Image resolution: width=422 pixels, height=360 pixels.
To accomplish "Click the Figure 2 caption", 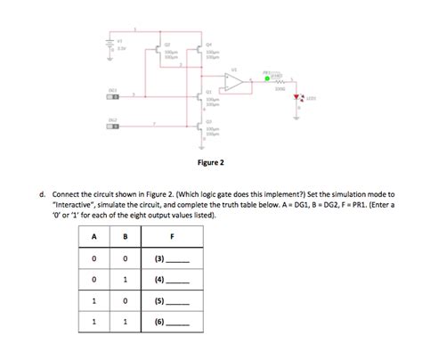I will tap(210, 163).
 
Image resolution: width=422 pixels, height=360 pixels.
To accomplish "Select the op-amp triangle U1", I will tap(235, 82).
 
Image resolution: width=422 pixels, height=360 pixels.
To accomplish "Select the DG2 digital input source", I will tap(114, 126).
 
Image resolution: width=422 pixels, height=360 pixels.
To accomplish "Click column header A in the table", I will tap(93, 236).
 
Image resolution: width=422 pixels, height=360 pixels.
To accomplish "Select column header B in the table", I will tap(125, 236).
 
